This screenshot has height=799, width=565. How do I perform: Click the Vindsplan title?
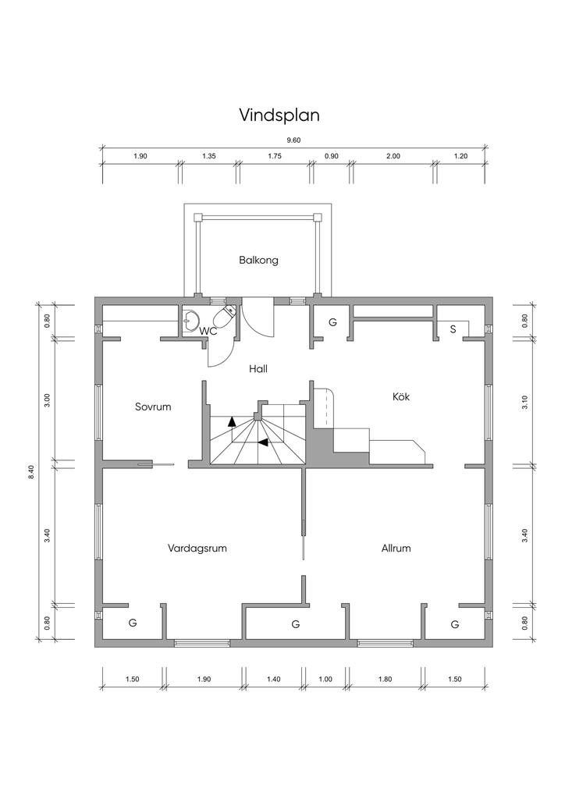click(x=279, y=115)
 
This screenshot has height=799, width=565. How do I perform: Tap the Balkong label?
click(x=259, y=261)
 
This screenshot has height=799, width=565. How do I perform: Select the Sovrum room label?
click(x=153, y=407)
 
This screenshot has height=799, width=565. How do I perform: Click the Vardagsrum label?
click(x=197, y=549)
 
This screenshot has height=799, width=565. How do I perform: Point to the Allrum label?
click(x=396, y=549)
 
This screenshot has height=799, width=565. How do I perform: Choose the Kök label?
click(x=401, y=396)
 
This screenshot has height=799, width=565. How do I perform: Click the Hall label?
click(x=258, y=368)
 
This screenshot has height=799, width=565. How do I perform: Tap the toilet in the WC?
click(x=224, y=317)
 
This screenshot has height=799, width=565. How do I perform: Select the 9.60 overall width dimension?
click(x=293, y=140)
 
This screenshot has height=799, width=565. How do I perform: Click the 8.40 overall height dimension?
click(x=31, y=472)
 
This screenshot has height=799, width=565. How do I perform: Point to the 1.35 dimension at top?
click(x=209, y=156)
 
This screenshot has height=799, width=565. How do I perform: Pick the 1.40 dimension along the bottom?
click(x=274, y=679)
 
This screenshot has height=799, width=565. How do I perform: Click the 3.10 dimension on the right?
click(x=525, y=403)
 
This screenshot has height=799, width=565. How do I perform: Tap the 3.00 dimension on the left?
click(x=48, y=400)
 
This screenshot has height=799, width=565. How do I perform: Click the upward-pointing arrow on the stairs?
click(x=232, y=421)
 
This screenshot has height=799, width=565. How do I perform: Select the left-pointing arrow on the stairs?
click(x=263, y=442)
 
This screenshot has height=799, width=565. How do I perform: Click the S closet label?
click(x=453, y=329)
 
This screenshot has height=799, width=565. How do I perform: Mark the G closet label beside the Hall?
click(x=332, y=322)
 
